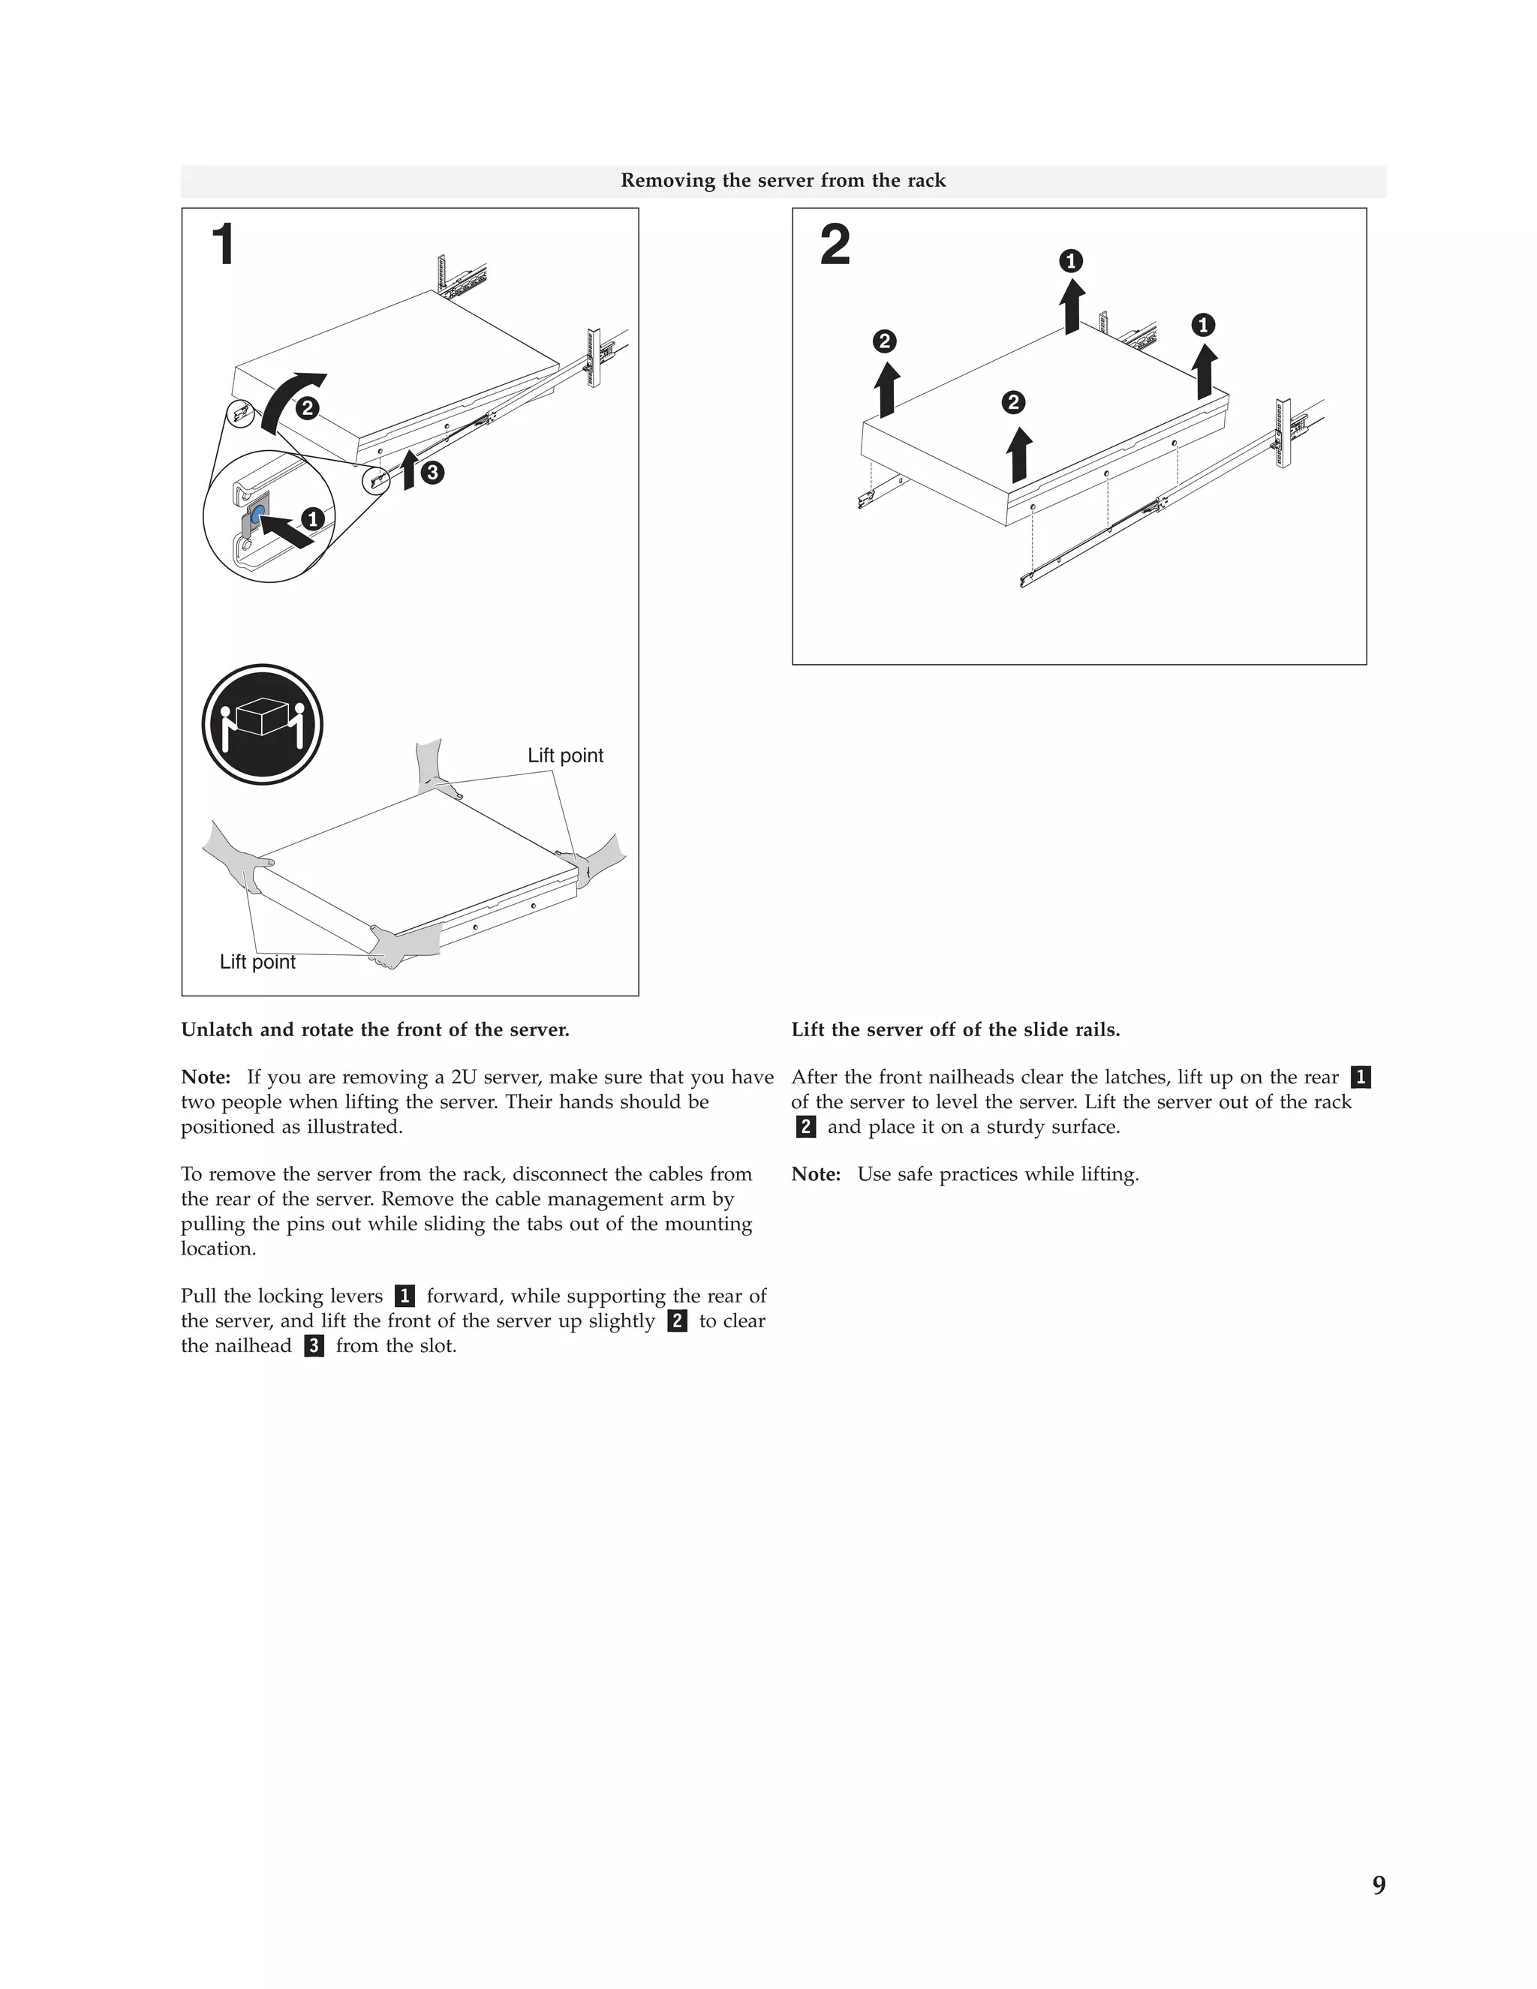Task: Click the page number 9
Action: (x=1379, y=1885)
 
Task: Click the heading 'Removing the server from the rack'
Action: (x=783, y=180)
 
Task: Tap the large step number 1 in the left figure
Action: (x=223, y=245)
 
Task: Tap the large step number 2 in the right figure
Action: (x=835, y=246)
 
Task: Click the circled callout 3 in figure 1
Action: (x=432, y=472)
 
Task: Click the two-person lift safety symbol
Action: (x=263, y=724)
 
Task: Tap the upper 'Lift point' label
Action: (x=565, y=755)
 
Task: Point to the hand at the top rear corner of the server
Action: (x=431, y=770)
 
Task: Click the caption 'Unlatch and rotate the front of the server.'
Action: (x=374, y=1029)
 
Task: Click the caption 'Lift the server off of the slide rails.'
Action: (x=955, y=1029)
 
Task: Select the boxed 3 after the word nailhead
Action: (x=314, y=1346)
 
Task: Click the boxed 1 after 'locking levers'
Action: (x=405, y=1296)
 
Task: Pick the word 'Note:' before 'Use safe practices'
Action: (x=816, y=1174)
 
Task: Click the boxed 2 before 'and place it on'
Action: (x=805, y=1128)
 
